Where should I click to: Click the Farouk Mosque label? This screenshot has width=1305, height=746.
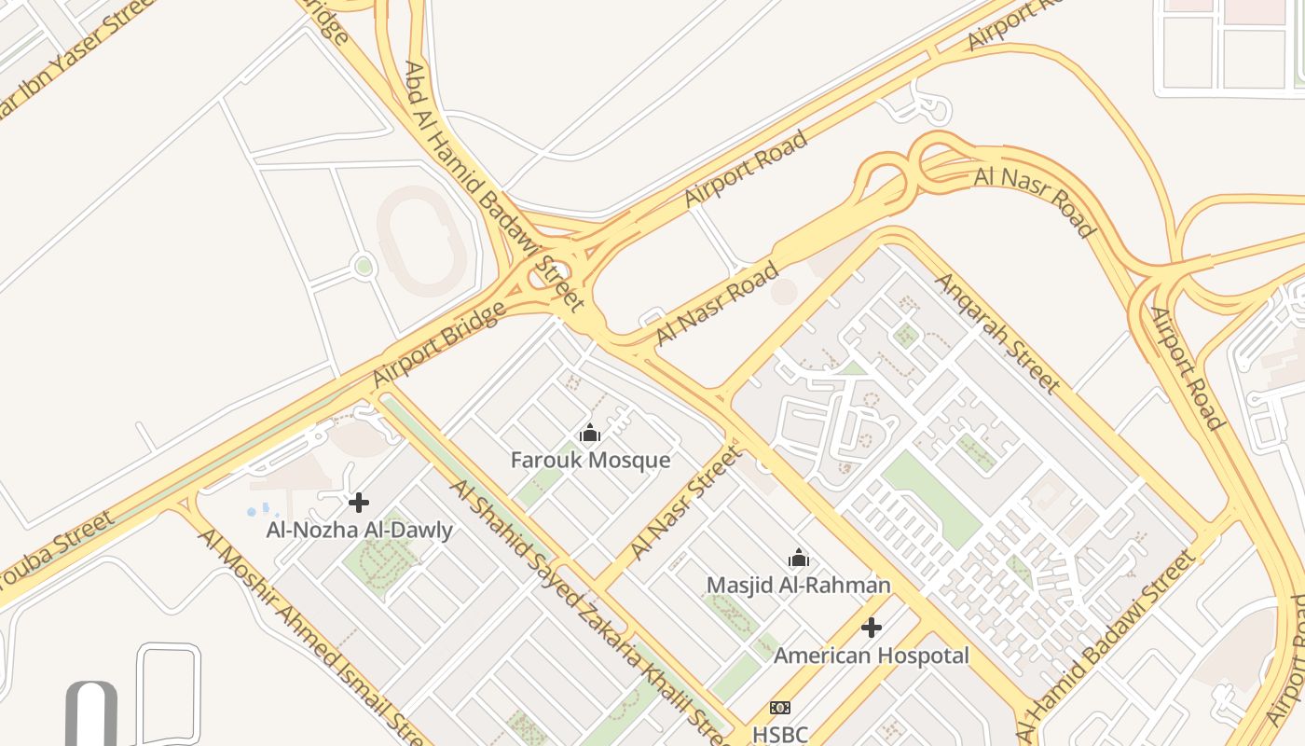(x=590, y=460)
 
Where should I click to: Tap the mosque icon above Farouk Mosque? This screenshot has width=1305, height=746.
(x=590, y=434)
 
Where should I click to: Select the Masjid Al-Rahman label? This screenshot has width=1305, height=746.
(x=798, y=585)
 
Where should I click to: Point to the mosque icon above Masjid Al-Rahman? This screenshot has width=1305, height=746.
(x=799, y=559)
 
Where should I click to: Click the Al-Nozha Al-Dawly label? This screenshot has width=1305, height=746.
(x=359, y=531)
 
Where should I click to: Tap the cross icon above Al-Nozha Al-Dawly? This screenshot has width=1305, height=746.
(x=359, y=504)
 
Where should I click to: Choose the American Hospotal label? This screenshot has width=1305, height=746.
(x=871, y=656)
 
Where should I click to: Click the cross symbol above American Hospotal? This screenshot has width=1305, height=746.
(x=872, y=629)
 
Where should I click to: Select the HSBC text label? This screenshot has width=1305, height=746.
(x=779, y=734)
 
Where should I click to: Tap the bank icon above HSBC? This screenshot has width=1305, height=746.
(x=780, y=708)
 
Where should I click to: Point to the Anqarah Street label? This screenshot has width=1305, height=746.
(x=997, y=332)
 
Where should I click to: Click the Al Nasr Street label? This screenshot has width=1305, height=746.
(x=688, y=504)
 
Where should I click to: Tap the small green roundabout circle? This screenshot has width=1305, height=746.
(x=364, y=267)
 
